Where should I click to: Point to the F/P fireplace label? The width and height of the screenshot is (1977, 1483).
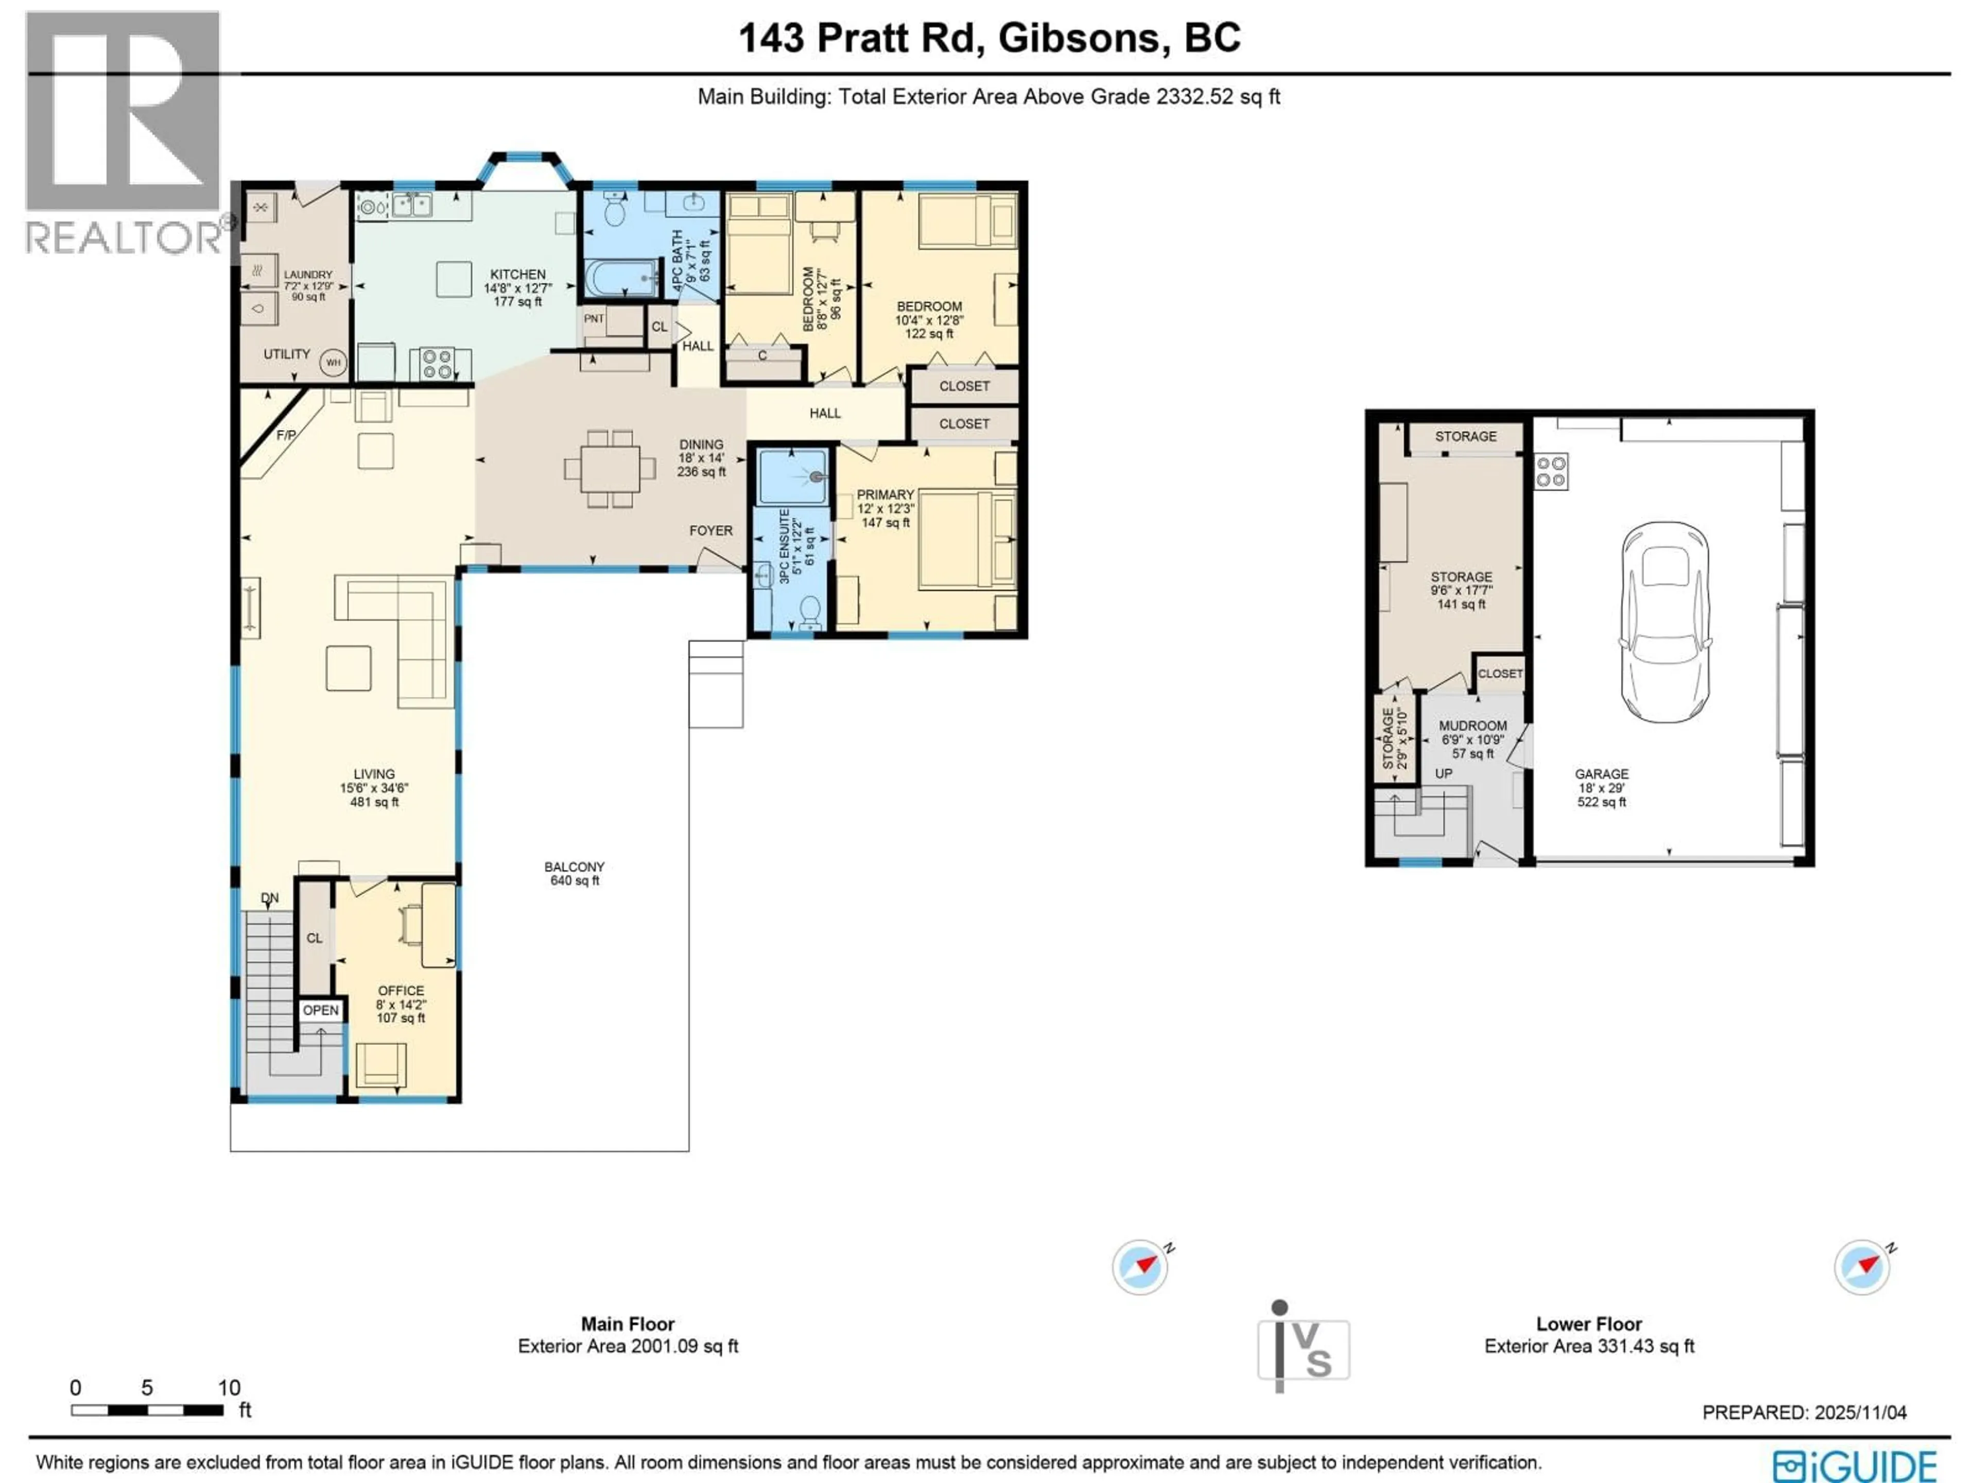tap(286, 435)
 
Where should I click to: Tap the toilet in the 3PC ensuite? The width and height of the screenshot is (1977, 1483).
tap(810, 611)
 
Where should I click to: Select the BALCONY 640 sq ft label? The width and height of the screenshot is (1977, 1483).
tap(574, 873)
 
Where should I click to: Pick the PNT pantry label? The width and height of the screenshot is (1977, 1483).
tap(594, 318)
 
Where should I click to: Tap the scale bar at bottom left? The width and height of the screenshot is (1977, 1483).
tap(147, 1410)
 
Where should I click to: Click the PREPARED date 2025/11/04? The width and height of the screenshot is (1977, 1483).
tap(1803, 1412)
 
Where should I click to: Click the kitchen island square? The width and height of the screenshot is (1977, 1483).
tap(454, 279)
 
